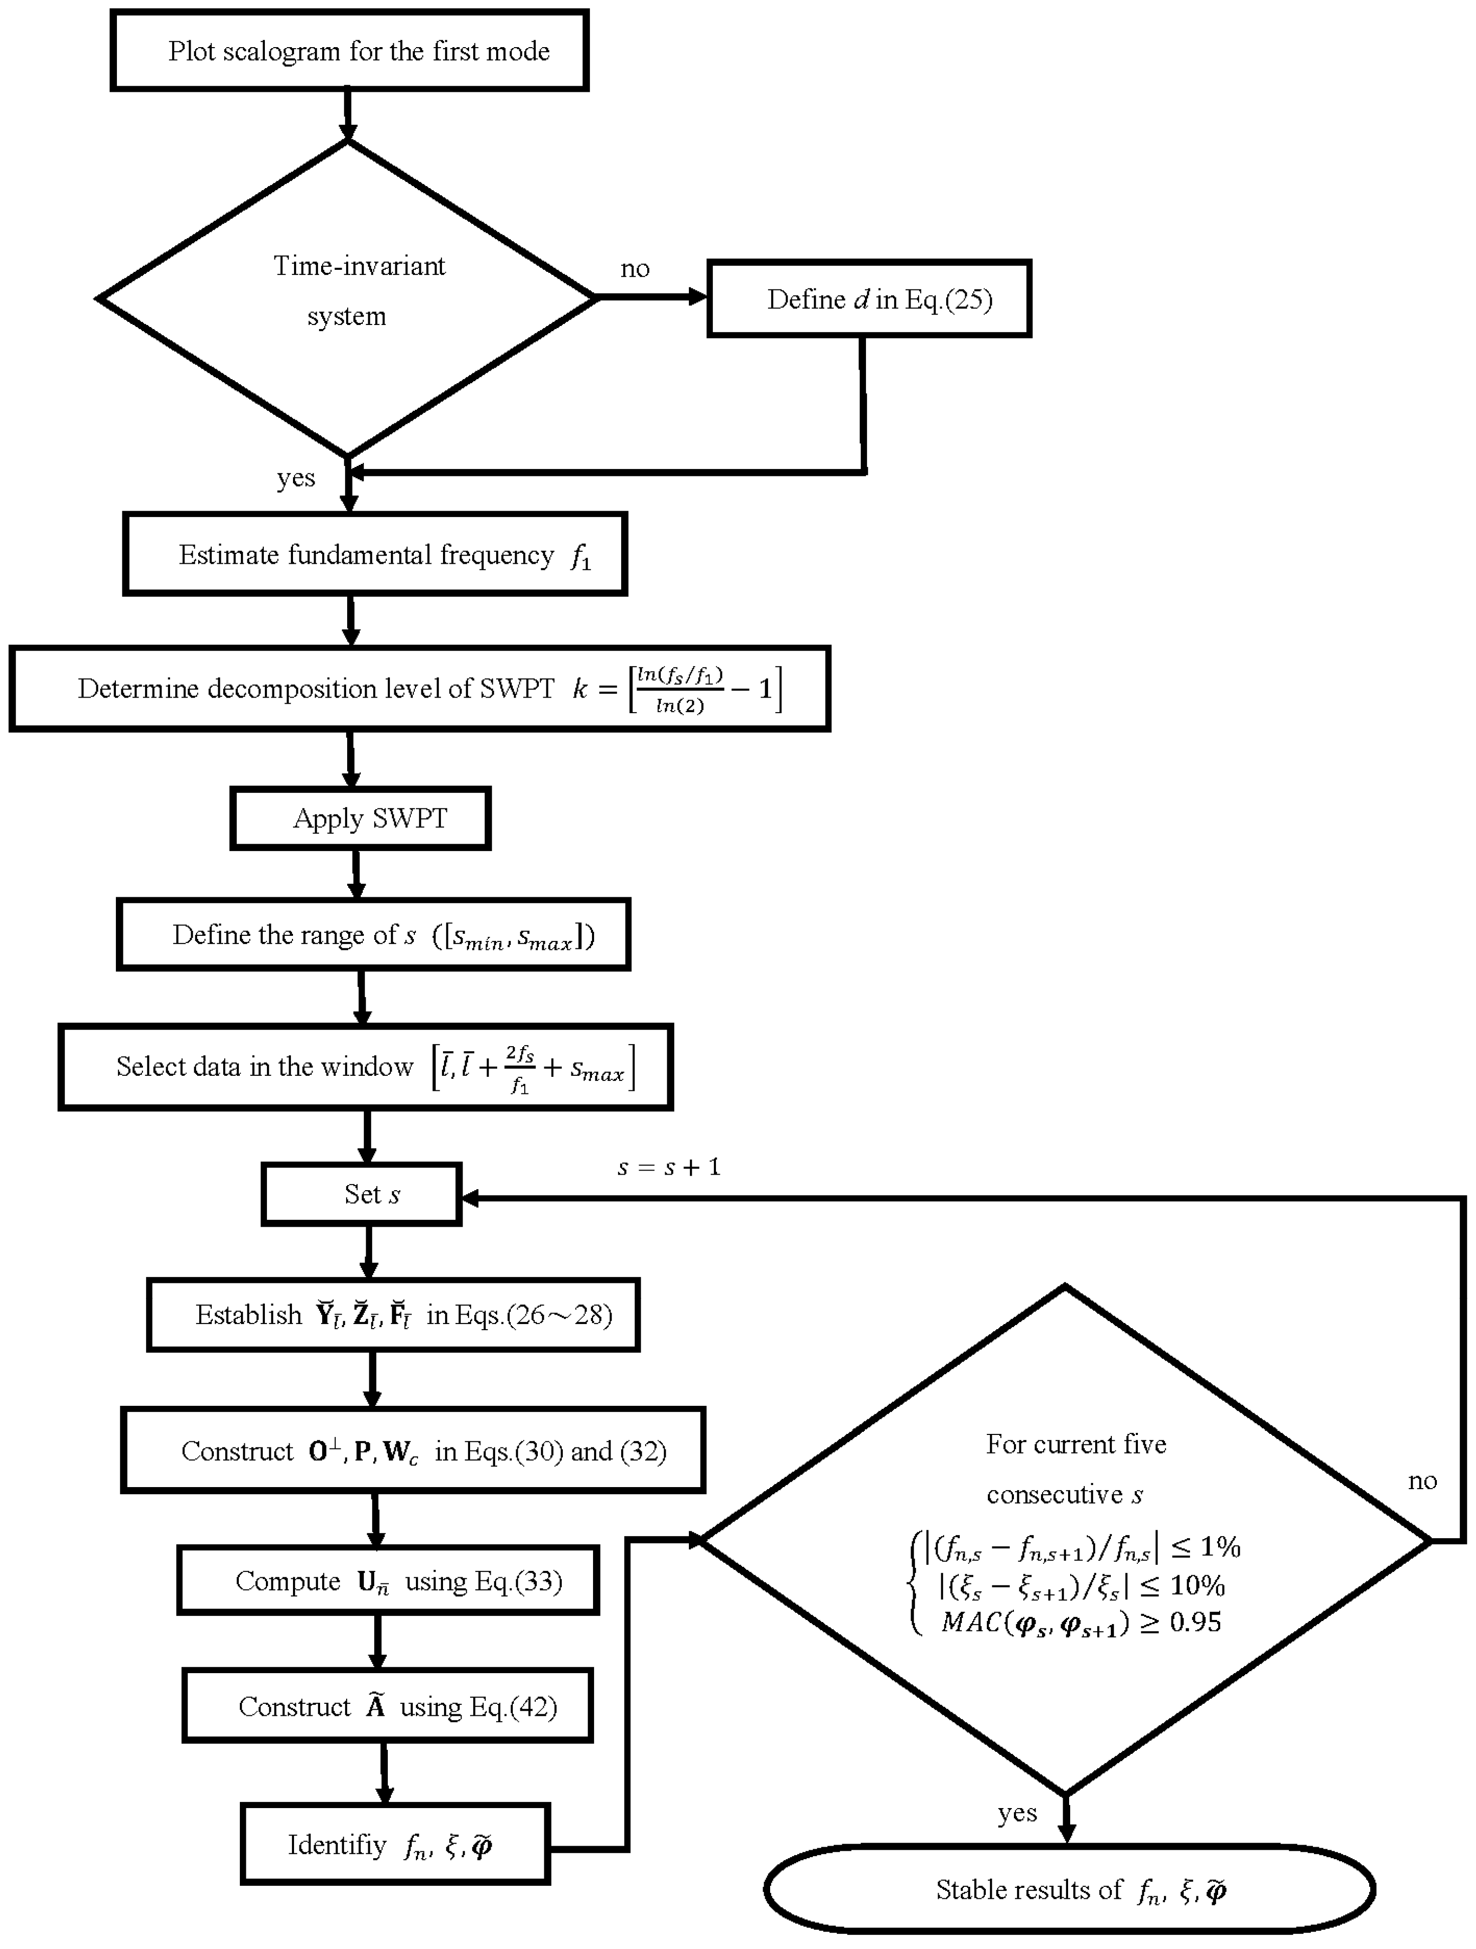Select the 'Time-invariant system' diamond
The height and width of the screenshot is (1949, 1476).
347,298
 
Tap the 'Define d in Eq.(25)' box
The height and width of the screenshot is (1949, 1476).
869,299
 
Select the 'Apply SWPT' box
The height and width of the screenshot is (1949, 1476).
360,819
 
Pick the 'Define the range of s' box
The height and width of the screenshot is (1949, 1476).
374,935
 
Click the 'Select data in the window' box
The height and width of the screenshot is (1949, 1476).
366,1067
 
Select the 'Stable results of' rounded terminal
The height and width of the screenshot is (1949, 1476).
1070,1890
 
